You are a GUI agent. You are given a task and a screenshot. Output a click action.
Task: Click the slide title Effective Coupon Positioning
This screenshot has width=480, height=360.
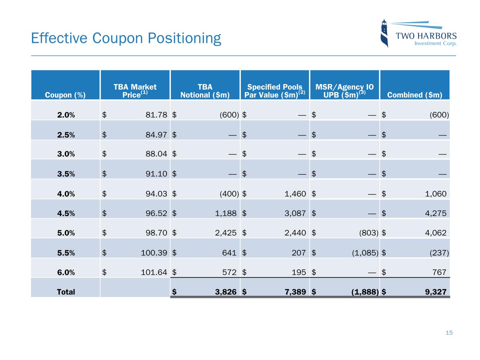(x=126, y=38)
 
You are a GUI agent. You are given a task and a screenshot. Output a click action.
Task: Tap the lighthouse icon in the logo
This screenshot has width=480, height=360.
(x=384, y=33)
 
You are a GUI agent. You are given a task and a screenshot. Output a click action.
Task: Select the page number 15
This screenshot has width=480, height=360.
(x=449, y=333)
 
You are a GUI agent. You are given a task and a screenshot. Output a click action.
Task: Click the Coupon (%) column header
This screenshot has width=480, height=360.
(x=65, y=95)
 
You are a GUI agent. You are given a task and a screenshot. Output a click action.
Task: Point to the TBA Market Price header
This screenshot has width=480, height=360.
(x=135, y=91)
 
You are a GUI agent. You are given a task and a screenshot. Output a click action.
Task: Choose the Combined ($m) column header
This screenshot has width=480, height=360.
(x=415, y=95)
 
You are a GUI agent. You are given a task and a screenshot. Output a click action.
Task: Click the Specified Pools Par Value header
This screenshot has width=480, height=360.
(x=275, y=91)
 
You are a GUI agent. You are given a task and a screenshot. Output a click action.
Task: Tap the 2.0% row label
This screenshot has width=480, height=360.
(x=66, y=115)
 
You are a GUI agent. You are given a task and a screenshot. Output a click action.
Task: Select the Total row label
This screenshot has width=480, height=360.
(x=66, y=292)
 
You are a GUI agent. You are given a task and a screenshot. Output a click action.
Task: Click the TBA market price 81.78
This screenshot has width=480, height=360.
(x=156, y=115)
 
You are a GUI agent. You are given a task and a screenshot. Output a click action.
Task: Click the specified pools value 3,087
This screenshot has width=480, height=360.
(x=295, y=213)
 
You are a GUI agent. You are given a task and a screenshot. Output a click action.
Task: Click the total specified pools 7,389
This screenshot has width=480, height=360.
(x=295, y=292)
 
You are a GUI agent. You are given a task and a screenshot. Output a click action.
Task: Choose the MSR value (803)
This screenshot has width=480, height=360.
(x=368, y=233)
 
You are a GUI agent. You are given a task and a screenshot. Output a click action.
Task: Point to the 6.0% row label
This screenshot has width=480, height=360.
(x=66, y=272)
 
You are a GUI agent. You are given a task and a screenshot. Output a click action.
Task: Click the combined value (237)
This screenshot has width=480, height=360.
(x=439, y=253)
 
